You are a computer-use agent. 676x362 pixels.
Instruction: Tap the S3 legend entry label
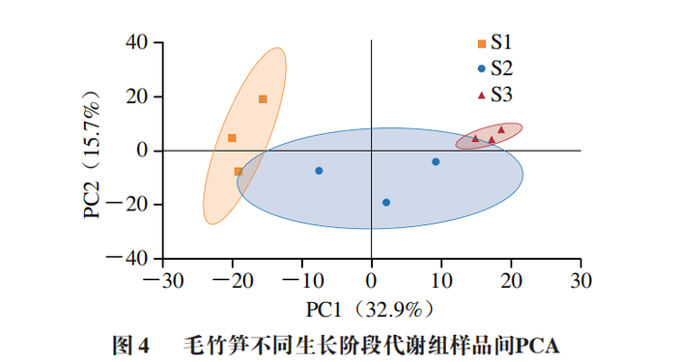(x=501, y=94)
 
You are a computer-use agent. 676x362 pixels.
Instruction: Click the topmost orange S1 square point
(x=263, y=99)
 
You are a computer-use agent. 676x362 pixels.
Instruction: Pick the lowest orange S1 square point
(x=239, y=172)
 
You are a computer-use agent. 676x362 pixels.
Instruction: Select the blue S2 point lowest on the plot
(x=386, y=203)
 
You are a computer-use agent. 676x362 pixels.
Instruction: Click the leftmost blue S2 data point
(x=319, y=171)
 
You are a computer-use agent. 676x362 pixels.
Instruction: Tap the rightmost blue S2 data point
(x=436, y=162)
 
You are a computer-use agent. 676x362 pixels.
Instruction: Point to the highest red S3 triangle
(x=501, y=129)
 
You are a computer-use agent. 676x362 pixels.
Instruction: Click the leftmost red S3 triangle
(x=475, y=138)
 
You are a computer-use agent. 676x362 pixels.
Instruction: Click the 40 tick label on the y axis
(x=134, y=42)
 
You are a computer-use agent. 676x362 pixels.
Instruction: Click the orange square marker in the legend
(x=482, y=42)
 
